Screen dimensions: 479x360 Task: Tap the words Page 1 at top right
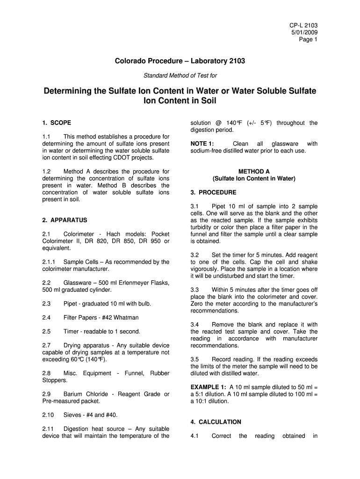point(308,39)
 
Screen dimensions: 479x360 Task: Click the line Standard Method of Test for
point(180,75)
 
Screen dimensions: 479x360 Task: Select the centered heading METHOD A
point(254,172)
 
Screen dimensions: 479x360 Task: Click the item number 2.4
point(46,318)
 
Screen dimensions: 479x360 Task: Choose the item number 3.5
point(195,360)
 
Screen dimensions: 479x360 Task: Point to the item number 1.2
point(46,172)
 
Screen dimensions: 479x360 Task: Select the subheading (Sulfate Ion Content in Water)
point(254,179)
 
